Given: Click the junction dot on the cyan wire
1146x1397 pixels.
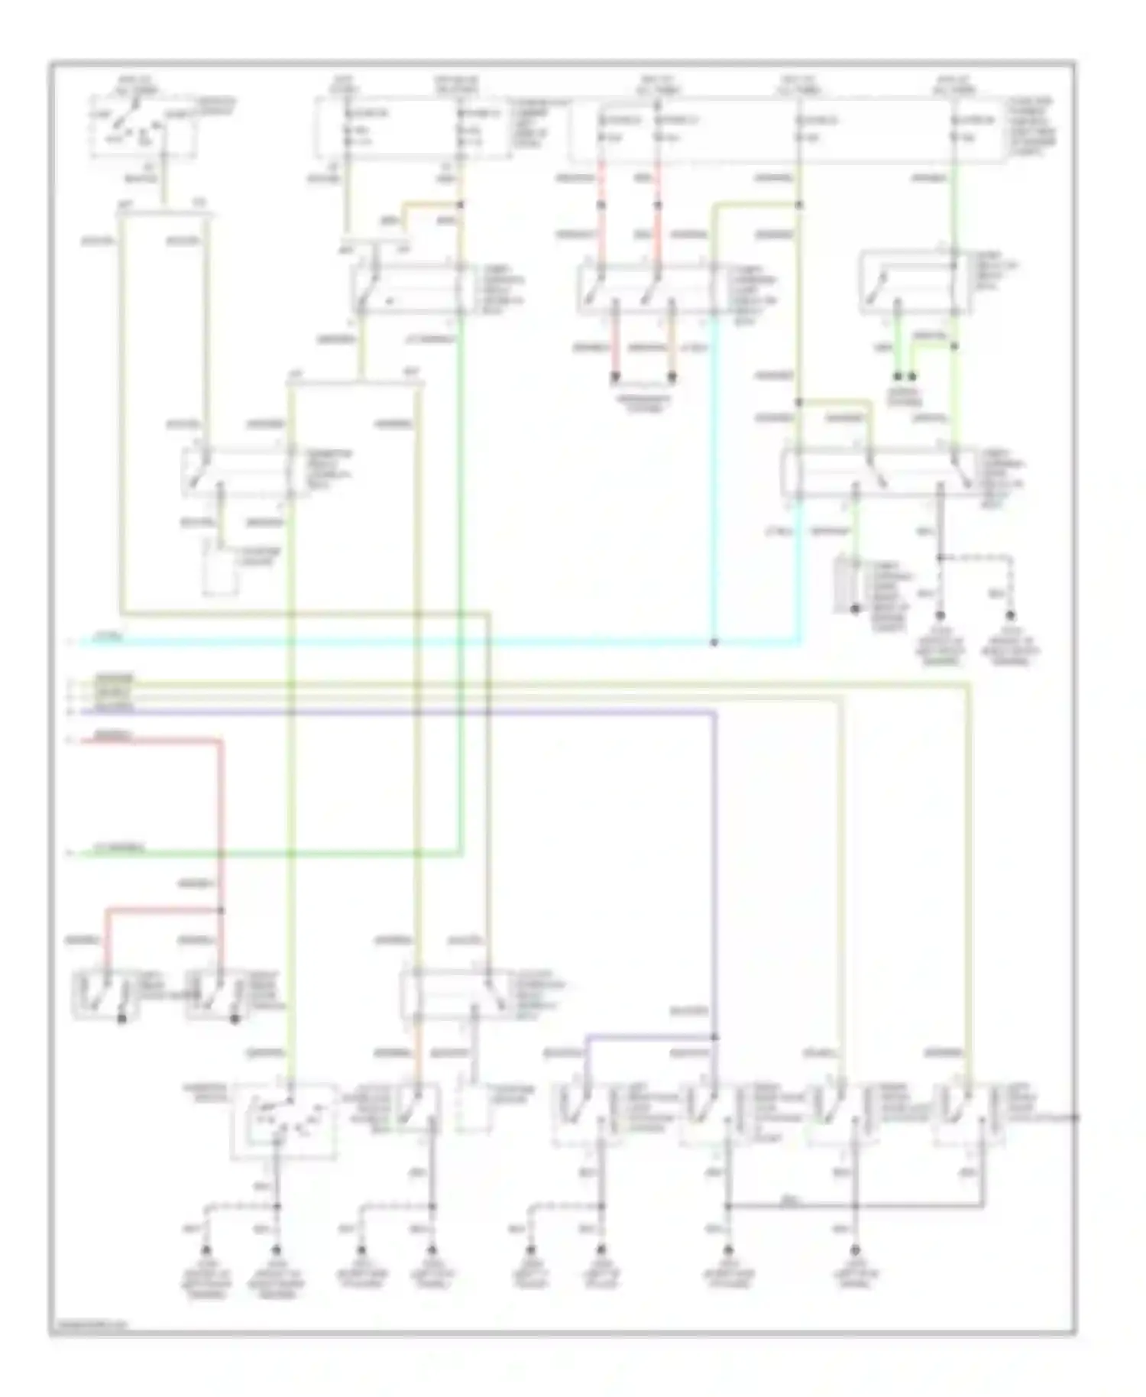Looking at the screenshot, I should coord(714,643).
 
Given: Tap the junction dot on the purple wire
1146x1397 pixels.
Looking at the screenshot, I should coord(714,1037).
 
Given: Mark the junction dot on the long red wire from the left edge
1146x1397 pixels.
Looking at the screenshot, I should coord(222,909).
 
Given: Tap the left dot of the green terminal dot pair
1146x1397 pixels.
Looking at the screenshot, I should coord(898,377).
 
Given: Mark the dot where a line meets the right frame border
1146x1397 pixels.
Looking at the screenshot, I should coord(1074,1117).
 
